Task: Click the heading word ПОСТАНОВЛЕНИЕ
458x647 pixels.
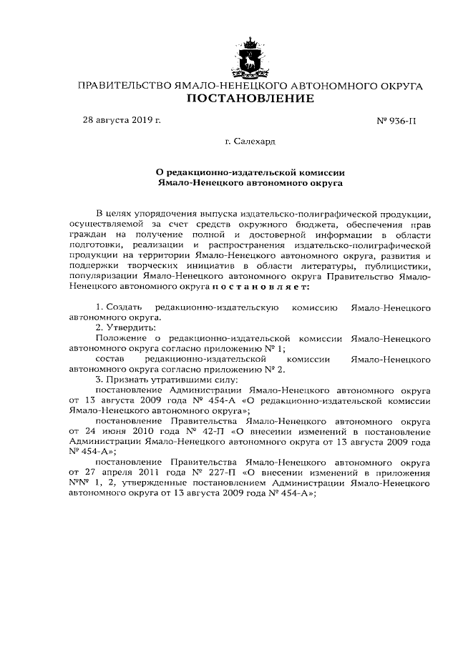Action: [x=250, y=99]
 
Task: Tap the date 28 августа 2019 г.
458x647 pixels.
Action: [x=122, y=119]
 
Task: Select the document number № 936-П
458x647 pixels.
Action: [x=396, y=120]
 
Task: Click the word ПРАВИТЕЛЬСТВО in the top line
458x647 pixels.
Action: [x=124, y=86]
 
